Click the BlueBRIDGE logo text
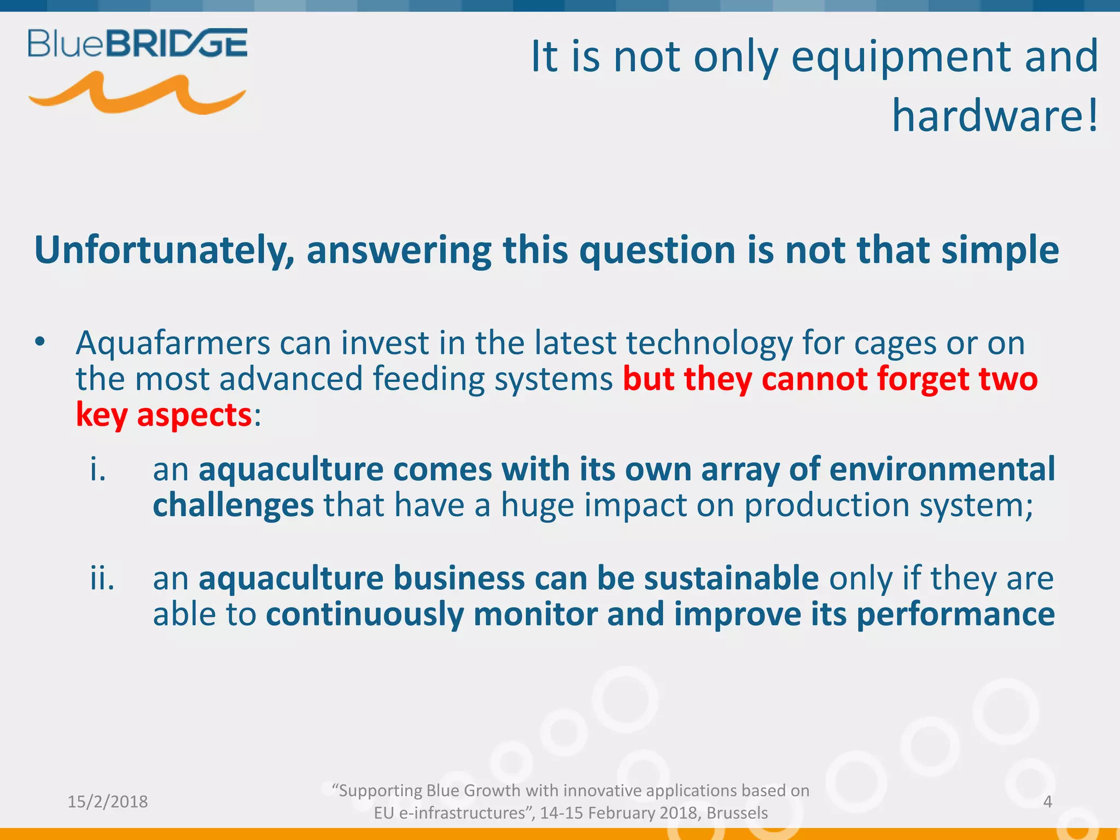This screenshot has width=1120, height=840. [x=137, y=44]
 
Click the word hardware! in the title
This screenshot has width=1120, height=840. [x=995, y=116]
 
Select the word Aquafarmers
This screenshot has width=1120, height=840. [x=173, y=343]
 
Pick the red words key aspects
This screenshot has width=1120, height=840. [x=164, y=415]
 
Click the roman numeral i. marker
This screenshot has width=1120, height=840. [x=98, y=469]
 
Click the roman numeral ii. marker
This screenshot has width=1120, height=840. [x=102, y=578]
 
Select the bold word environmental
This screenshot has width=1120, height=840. [x=942, y=469]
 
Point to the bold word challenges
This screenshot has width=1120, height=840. [x=233, y=505]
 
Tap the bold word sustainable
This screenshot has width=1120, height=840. [x=731, y=578]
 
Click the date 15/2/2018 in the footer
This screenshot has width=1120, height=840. [x=108, y=802]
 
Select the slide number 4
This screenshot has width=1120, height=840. [x=1047, y=802]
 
